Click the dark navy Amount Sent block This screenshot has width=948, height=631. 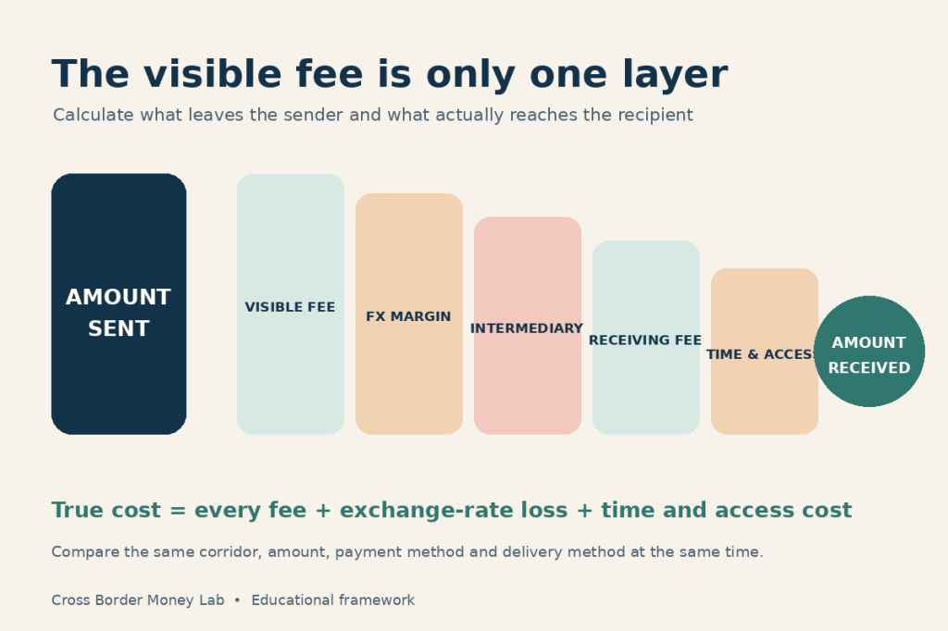click(x=118, y=304)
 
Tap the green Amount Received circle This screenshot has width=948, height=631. click(x=869, y=352)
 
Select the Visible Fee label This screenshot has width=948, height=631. click(x=290, y=307)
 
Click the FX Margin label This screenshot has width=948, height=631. click(x=408, y=316)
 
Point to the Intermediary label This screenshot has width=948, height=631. click(x=527, y=328)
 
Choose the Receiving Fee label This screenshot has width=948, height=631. click(x=645, y=340)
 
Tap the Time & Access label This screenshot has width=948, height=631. click(x=762, y=354)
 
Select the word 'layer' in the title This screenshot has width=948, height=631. click(x=675, y=76)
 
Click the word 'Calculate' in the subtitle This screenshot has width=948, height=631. click(x=94, y=115)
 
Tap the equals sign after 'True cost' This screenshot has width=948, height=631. click(x=178, y=511)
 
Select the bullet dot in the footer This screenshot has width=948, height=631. click(x=237, y=600)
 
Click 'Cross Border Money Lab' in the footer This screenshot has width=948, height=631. click(x=138, y=600)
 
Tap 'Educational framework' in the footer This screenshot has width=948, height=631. click(x=333, y=600)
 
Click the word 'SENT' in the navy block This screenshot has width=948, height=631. click(x=118, y=328)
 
